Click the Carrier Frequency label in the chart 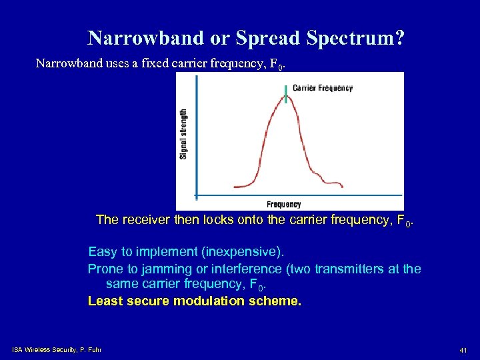(x=323, y=88)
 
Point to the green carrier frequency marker (x=287, y=95)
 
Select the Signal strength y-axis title (x=184, y=134)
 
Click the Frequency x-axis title (x=284, y=204)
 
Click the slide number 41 (x=462, y=350)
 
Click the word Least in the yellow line (x=104, y=301)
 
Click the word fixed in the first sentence (x=150, y=64)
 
